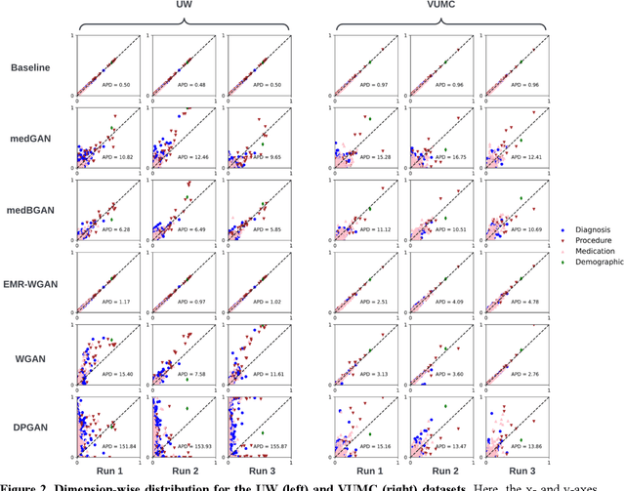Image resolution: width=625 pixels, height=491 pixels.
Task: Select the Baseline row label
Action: click(x=32, y=67)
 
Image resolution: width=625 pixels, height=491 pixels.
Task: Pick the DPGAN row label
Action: click(x=32, y=414)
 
